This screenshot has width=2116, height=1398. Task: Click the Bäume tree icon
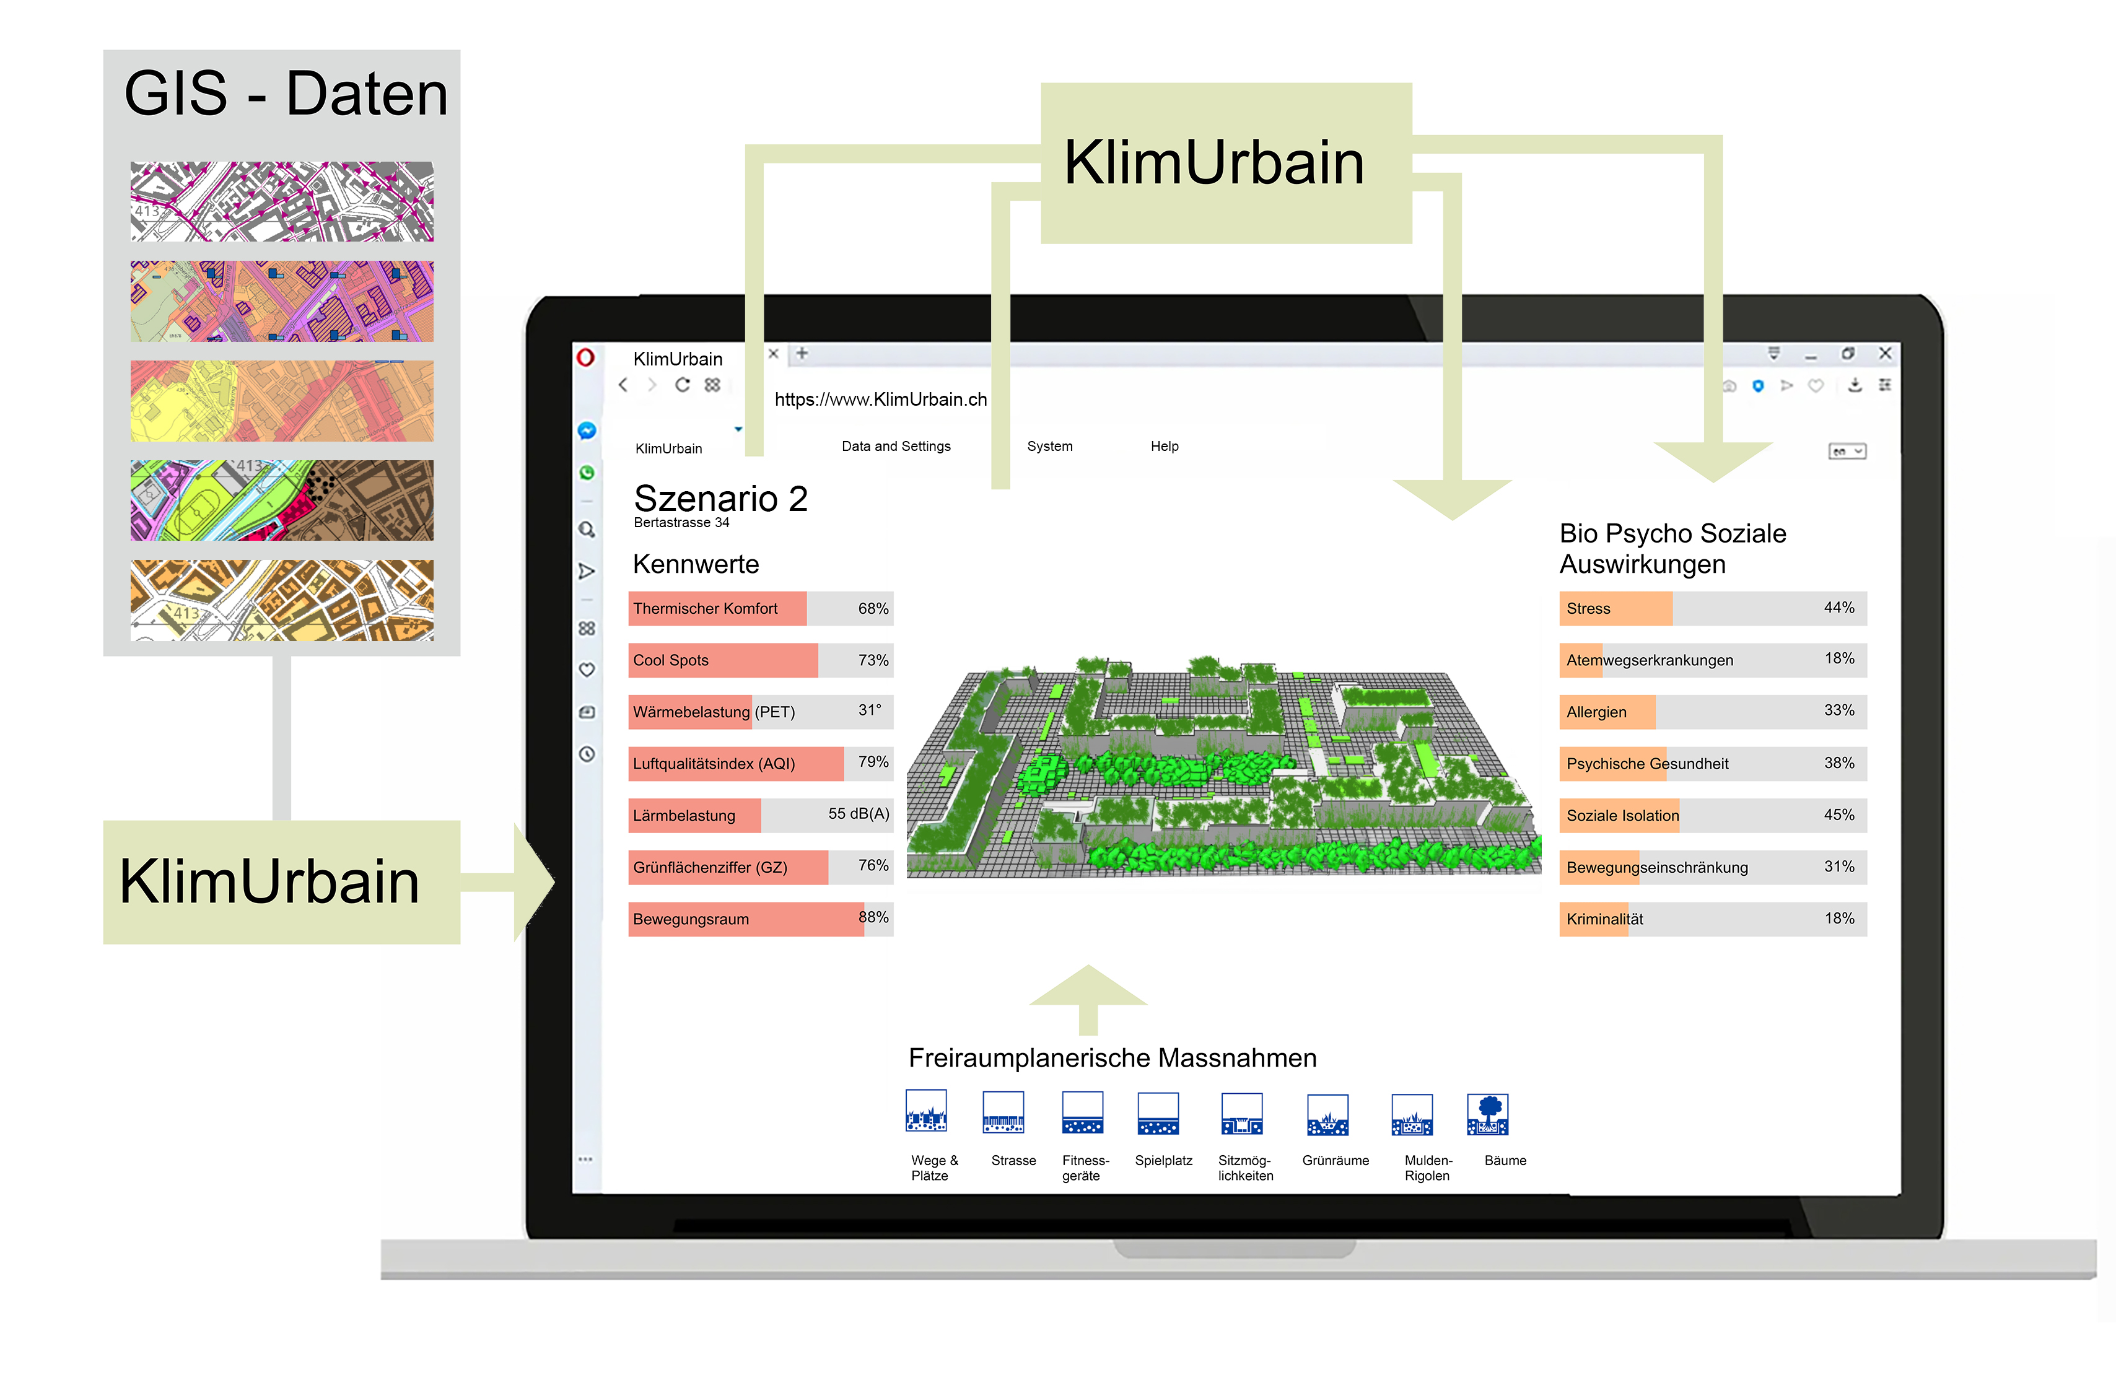[1487, 1114]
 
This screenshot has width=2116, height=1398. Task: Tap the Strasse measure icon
[1003, 1112]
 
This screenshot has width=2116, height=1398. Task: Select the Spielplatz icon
[1158, 1114]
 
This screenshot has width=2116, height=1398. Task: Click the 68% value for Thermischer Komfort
[873, 609]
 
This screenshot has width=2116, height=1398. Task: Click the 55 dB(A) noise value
[859, 814]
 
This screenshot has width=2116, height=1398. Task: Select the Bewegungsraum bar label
[691, 919]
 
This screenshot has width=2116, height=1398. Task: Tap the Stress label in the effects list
[1588, 609]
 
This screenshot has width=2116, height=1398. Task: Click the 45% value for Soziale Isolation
[1838, 815]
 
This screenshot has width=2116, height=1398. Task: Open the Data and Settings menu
[896, 446]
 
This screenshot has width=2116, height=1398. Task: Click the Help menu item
[1165, 446]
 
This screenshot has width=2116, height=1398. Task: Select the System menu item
[1049, 446]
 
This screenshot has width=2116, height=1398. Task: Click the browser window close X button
[1885, 353]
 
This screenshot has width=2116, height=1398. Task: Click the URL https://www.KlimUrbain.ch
[880, 400]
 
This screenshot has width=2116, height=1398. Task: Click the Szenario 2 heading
[720, 499]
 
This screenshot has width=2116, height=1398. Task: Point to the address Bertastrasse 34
[681, 522]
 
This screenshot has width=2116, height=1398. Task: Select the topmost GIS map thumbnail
[282, 201]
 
